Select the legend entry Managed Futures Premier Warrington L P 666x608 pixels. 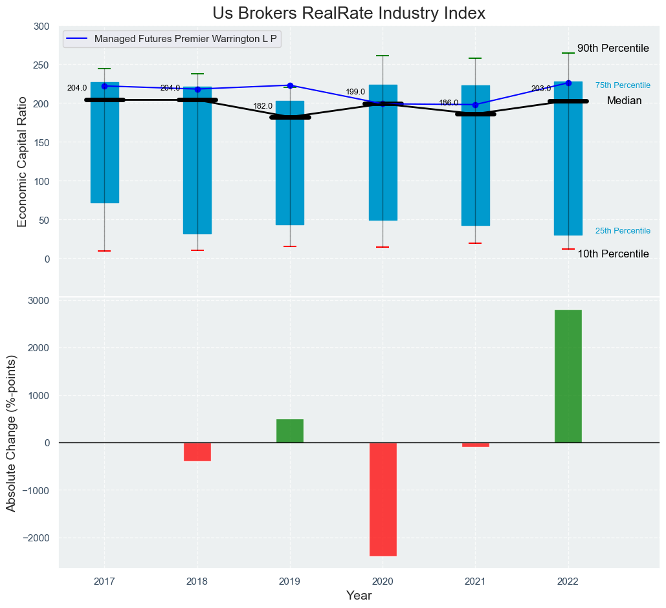186,39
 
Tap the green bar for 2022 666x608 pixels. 568,376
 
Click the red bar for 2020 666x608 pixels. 383,499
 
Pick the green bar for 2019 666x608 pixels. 290,431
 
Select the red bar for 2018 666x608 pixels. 197,451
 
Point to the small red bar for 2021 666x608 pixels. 476,445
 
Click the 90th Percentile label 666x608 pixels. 613,49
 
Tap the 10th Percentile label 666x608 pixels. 613,254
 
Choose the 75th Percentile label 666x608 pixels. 623,85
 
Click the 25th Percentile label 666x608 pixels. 623,231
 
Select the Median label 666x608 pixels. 624,101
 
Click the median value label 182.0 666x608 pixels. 263,106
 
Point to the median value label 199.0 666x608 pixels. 355,92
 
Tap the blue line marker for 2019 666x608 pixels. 290,85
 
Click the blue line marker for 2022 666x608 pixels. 568,83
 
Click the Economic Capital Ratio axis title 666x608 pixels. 22,162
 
